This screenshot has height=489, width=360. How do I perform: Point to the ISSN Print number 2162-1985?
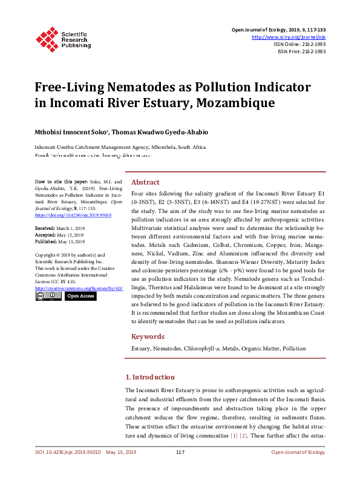point(314,52)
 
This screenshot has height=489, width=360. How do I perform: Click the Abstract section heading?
point(145,182)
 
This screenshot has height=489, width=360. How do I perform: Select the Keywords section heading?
point(148,336)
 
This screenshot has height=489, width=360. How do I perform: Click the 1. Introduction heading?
point(149,377)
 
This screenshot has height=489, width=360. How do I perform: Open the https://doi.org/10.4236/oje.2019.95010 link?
point(74,214)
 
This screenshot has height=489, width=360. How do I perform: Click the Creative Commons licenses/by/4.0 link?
point(79,288)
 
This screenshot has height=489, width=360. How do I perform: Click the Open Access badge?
point(80,297)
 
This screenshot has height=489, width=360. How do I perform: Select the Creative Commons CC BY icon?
point(48,297)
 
